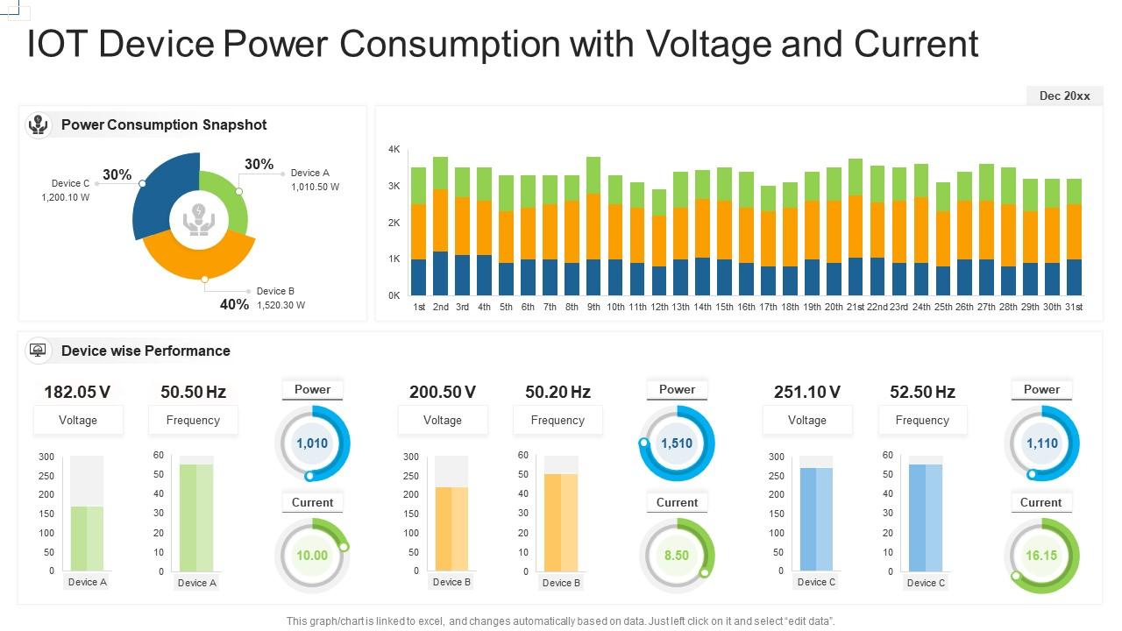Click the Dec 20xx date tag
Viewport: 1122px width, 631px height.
pyautogui.click(x=1064, y=96)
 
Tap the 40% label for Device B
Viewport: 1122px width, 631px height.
pyautogui.click(x=234, y=304)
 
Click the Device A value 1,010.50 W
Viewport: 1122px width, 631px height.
pyautogui.click(x=315, y=187)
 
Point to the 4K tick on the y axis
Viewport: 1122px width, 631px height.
pyautogui.click(x=394, y=150)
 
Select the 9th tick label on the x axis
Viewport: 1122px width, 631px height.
pyautogui.click(x=593, y=307)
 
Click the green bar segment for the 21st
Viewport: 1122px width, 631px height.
pyautogui.click(x=856, y=177)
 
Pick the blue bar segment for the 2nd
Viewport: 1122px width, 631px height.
pyautogui.click(x=440, y=273)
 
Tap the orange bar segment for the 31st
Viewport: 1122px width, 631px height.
pyautogui.click(x=1074, y=232)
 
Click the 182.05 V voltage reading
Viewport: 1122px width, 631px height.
pyautogui.click(x=78, y=392)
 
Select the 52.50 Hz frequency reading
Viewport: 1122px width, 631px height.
pyautogui.click(x=922, y=392)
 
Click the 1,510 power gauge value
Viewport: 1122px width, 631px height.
pyautogui.click(x=677, y=443)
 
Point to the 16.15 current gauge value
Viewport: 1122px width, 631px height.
pyautogui.click(x=1041, y=556)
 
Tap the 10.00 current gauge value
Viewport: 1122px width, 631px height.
pyautogui.click(x=312, y=556)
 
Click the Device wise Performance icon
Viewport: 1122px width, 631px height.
pyautogui.click(x=38, y=351)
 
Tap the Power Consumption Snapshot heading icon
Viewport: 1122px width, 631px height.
pyautogui.click(x=38, y=124)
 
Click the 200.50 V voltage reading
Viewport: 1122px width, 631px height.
pyautogui.click(x=443, y=392)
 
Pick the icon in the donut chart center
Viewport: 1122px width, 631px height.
pyautogui.click(x=199, y=219)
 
